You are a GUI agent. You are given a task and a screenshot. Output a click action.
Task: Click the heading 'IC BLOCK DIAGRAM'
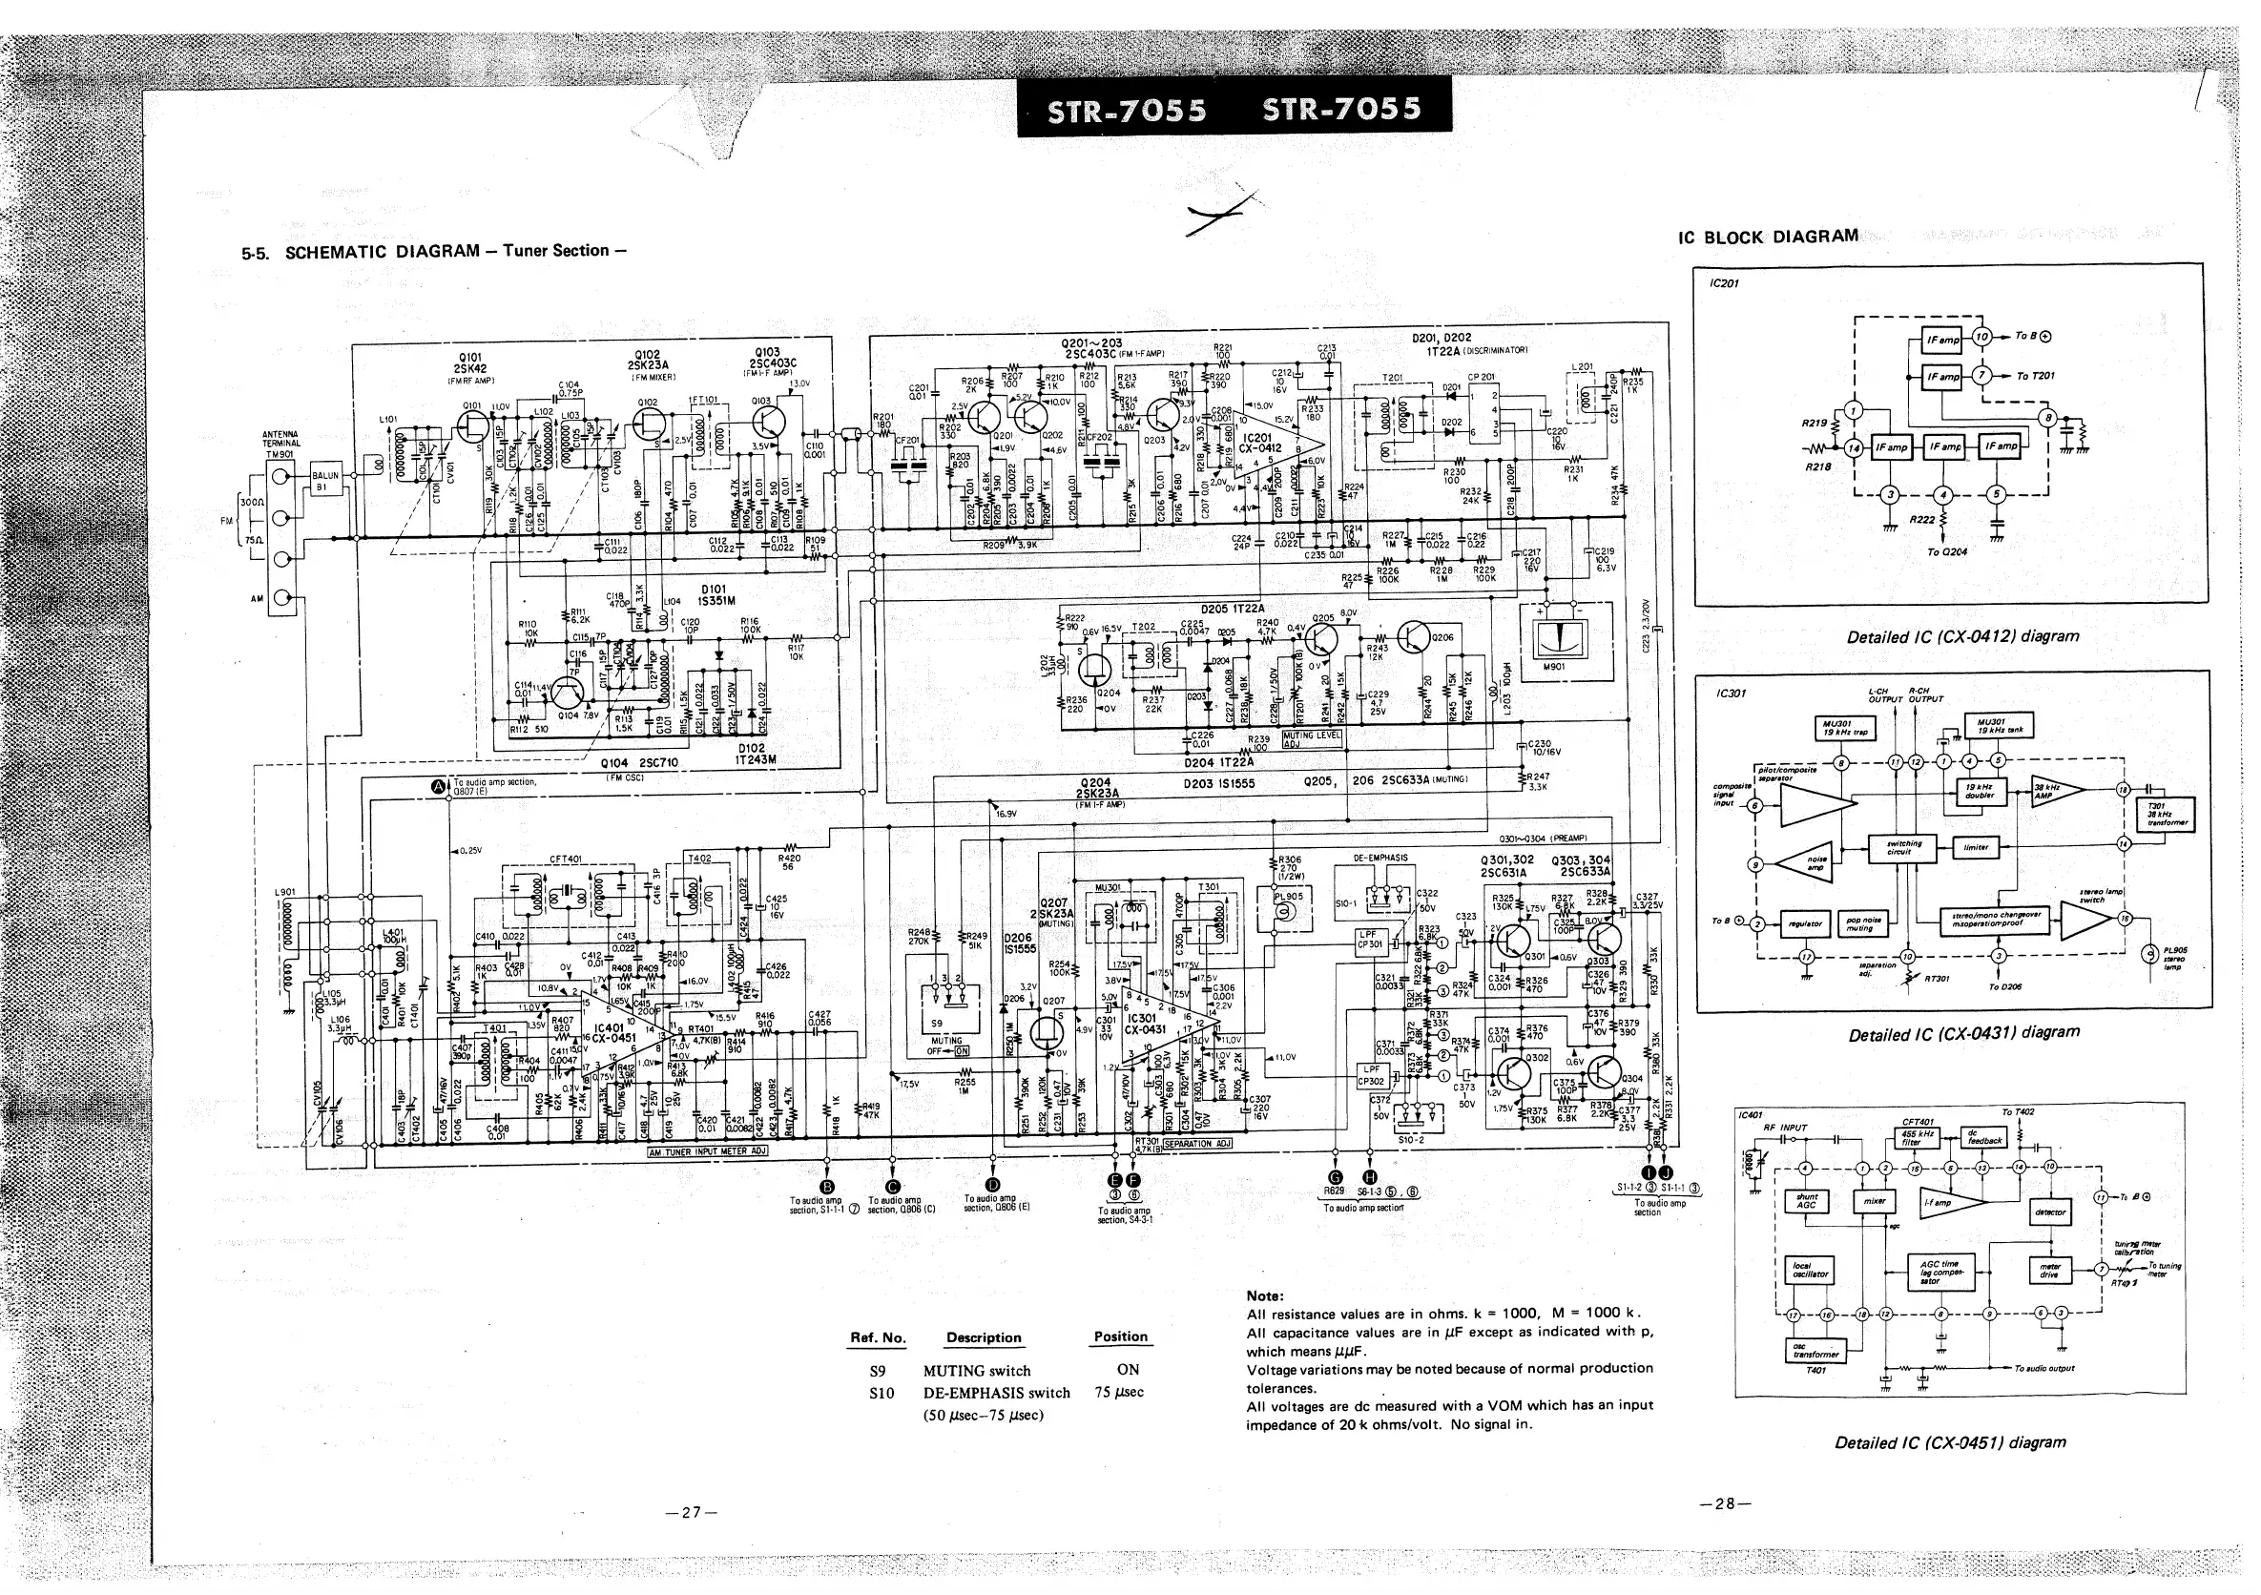click(x=1769, y=238)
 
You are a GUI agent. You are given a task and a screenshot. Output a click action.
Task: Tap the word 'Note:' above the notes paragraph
click(x=1264, y=1295)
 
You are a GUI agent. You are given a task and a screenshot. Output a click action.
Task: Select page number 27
click(x=692, y=1511)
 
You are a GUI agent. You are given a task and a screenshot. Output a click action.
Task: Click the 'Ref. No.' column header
click(x=878, y=1338)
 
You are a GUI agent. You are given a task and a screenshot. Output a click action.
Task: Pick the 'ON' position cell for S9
click(x=1128, y=1370)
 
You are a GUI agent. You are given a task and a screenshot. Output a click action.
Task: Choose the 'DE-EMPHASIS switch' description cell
click(x=996, y=1393)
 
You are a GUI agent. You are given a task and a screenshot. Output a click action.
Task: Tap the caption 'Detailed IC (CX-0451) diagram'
click(x=1950, y=1442)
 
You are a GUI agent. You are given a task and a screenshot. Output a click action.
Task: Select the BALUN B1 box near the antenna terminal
click(x=325, y=481)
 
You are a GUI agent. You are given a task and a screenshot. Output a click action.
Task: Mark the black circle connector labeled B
click(x=827, y=1186)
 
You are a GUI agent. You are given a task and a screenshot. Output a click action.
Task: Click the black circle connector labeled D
click(x=992, y=1186)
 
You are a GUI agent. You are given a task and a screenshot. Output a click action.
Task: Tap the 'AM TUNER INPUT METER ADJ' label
click(x=706, y=1152)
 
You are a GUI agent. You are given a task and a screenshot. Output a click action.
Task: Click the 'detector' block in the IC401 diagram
click(x=2049, y=1212)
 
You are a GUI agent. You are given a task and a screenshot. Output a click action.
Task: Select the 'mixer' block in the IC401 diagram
click(x=1874, y=1202)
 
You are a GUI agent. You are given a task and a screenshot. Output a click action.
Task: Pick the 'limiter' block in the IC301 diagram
click(x=1975, y=847)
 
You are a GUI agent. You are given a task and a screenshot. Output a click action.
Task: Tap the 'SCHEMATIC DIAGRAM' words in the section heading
click(x=383, y=252)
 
